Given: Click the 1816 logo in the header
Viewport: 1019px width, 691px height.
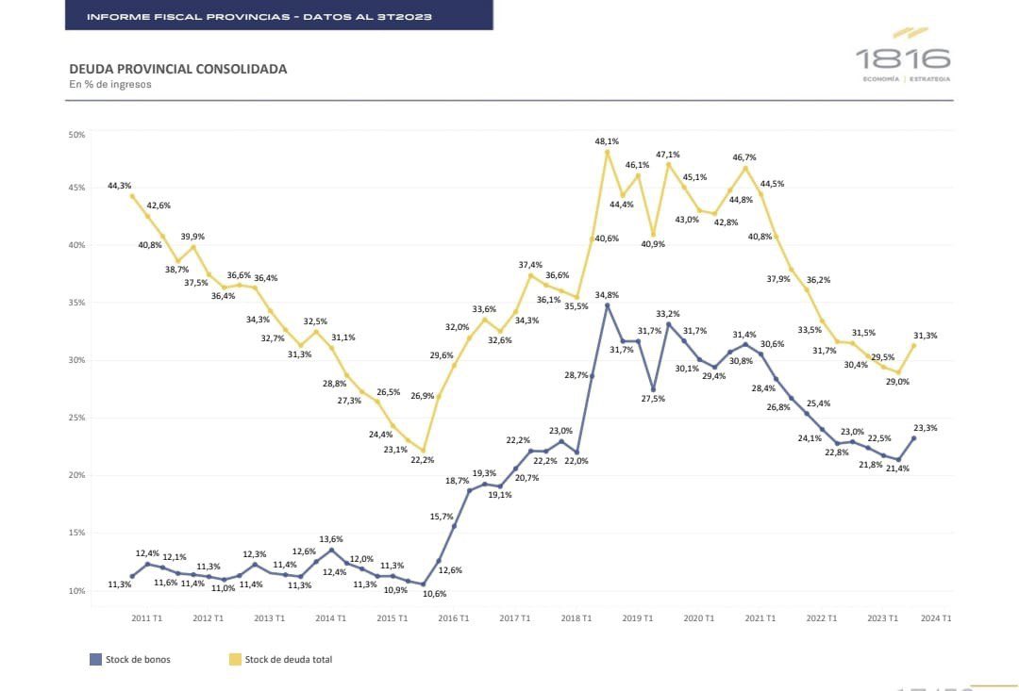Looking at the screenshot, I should point(903,58).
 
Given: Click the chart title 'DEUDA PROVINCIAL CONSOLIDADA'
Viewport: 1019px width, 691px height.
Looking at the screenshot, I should point(178,69).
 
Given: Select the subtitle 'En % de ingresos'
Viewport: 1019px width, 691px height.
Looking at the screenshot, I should point(110,84).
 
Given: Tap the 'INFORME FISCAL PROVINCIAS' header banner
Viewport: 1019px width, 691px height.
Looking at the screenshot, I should point(278,16).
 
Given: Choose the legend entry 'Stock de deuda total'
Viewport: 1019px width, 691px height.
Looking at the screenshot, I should point(288,659).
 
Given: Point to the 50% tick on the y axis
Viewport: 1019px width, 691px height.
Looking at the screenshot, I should point(76,135).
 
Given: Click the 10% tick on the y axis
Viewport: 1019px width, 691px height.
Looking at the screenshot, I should point(76,591).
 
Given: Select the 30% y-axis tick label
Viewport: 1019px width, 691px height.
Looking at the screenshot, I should point(76,360).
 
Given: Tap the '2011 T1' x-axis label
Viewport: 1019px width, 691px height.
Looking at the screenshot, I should point(146,618).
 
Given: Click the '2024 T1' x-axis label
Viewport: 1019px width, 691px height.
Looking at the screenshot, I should point(935,618).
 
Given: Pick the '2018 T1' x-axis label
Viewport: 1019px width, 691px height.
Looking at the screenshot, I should point(576,618).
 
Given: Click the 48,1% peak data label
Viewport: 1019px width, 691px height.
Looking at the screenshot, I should point(607,140).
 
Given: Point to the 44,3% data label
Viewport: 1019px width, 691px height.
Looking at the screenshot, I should point(119,186).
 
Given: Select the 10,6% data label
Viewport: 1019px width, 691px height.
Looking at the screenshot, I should point(434,594).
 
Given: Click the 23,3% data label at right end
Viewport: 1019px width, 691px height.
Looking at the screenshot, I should point(926,427).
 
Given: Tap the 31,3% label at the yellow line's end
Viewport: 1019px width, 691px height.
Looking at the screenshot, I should point(926,335).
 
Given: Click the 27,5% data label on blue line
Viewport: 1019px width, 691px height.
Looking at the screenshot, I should point(653,399).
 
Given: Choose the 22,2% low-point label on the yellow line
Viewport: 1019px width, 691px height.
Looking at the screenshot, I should point(422,459).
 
